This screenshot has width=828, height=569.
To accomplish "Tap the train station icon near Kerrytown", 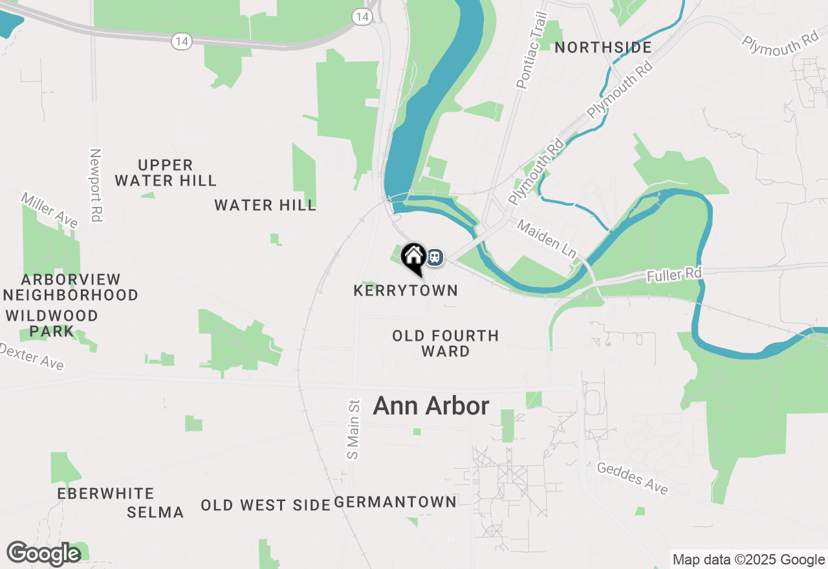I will pos(435,257).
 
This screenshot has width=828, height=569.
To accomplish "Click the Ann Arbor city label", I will pos(431,406).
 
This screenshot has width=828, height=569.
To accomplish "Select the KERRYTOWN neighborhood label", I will pos(406,291).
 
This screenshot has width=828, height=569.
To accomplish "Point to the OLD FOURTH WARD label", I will pos(446,343).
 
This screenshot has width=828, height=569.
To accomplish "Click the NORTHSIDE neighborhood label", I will pos(603,47).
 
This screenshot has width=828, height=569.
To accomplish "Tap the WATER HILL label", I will pos(265,206).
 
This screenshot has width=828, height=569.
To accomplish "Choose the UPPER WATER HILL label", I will pos(166,173).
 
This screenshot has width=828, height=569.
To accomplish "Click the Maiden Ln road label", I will pos(547,239).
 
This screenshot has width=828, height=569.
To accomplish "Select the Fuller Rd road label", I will pos(674,275).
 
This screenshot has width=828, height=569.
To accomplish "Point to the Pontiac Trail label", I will pos(531,50).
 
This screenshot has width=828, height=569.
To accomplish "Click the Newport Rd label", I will pos(96,186).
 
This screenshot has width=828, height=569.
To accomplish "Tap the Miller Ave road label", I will pos(49,210).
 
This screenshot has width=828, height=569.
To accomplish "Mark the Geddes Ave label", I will pos(632,478).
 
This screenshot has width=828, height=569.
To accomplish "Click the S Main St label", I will pos(353,429).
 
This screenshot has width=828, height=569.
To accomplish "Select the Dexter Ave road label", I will pos(31,357).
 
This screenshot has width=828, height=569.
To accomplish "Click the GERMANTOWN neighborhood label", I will pos(395,502).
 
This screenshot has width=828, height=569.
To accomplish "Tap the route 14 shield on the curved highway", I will pos(182,41).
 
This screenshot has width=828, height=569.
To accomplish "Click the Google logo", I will pos(43,553).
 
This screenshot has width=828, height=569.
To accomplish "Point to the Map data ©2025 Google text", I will pos(748,560).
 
